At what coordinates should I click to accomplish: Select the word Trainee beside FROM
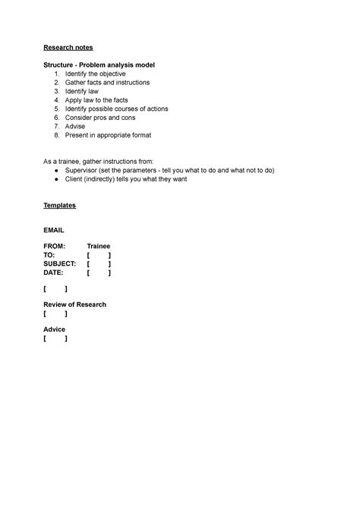pyautogui.click(x=99, y=247)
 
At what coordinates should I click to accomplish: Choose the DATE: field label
pyautogui.click(x=54, y=273)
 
